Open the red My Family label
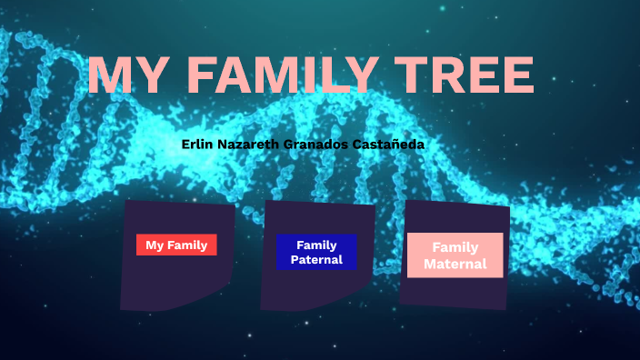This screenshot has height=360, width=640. click(x=176, y=245)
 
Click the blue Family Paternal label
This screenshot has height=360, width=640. click(x=316, y=252)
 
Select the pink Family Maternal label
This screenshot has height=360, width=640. click(x=455, y=255)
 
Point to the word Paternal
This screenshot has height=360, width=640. click(x=316, y=260)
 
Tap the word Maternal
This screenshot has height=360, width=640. click(x=455, y=265)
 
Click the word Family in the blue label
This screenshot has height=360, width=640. click(x=316, y=245)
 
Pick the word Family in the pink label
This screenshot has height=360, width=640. click(x=455, y=247)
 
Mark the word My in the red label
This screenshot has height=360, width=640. click(x=154, y=245)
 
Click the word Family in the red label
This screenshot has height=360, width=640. click(x=187, y=245)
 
